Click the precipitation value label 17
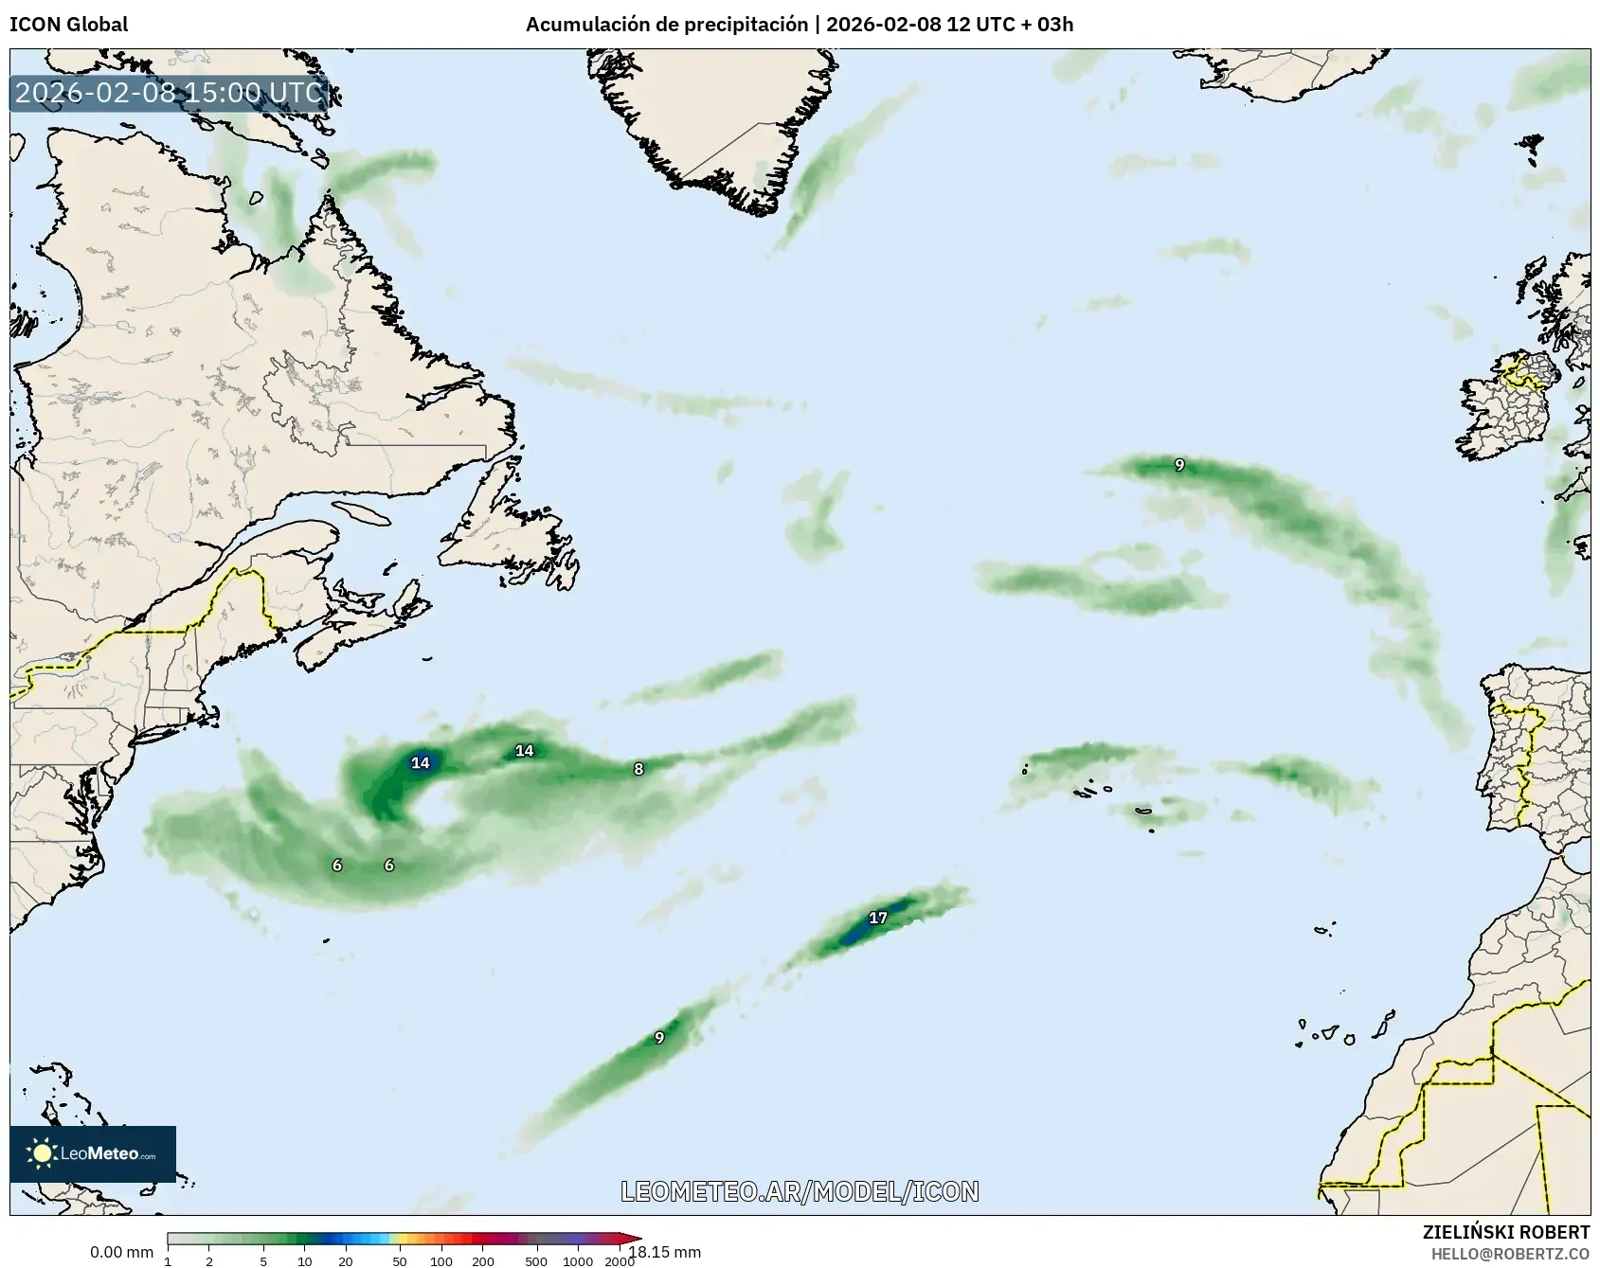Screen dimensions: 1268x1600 [x=878, y=918]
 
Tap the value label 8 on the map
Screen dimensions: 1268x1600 [x=638, y=769]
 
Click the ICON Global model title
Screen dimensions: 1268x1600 [x=68, y=25]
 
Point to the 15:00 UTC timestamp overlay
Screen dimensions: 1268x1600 [x=170, y=94]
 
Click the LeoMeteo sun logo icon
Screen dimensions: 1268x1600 [x=42, y=1153]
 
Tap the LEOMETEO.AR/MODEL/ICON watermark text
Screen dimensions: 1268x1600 [x=800, y=1191]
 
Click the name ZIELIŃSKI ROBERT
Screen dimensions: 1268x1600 [x=1505, y=1232]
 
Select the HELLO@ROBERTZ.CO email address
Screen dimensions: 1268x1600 [x=1510, y=1254]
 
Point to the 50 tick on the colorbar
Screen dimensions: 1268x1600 [x=400, y=1260]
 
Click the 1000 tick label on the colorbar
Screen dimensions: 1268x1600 [x=578, y=1260]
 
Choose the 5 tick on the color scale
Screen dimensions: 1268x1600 [x=263, y=1260]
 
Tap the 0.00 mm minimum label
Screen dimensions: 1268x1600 [x=121, y=1253]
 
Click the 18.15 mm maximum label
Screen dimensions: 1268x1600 [x=666, y=1252]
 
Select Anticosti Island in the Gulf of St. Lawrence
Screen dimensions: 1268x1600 [x=363, y=512]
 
